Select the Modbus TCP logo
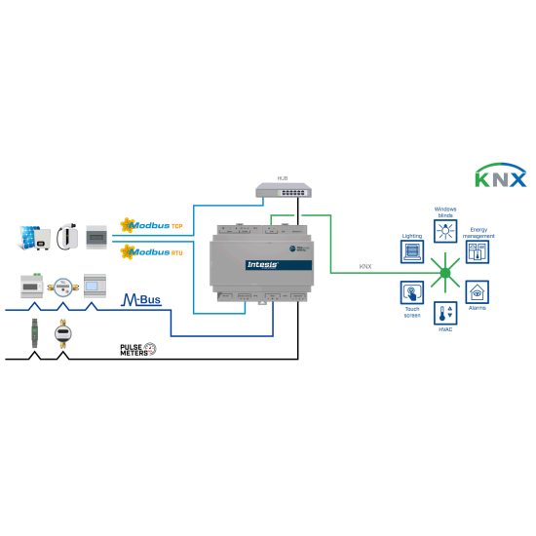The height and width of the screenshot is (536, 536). (151, 225)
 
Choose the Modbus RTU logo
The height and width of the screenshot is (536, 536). (151, 251)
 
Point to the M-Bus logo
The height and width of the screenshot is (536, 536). (141, 299)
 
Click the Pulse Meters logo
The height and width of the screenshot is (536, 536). (137, 348)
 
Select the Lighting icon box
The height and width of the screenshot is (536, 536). (411, 252)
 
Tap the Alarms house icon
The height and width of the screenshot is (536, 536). (478, 291)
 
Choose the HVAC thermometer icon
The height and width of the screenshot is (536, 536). (445, 314)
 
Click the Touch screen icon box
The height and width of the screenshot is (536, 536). (411, 292)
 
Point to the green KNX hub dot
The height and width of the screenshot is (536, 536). (445, 272)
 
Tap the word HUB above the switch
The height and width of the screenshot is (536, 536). (283, 178)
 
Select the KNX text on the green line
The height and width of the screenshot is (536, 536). (364, 266)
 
